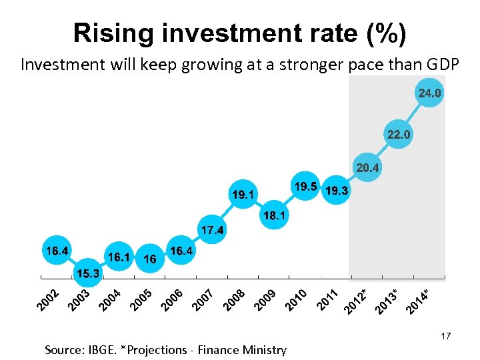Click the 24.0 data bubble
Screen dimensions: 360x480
[x=429, y=93]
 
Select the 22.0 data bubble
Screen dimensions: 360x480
[x=399, y=135]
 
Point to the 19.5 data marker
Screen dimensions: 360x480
[x=305, y=187]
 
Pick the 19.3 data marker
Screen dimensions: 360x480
[x=335, y=191]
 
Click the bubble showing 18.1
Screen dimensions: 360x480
[x=274, y=216]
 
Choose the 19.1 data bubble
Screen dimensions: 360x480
[x=243, y=195]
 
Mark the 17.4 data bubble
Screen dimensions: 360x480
[x=212, y=231]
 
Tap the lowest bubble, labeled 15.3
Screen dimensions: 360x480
[x=88, y=273]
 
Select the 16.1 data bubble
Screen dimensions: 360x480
[x=119, y=257]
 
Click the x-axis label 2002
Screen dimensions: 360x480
[x=48, y=300]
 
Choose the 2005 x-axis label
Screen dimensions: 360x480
[x=141, y=300]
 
